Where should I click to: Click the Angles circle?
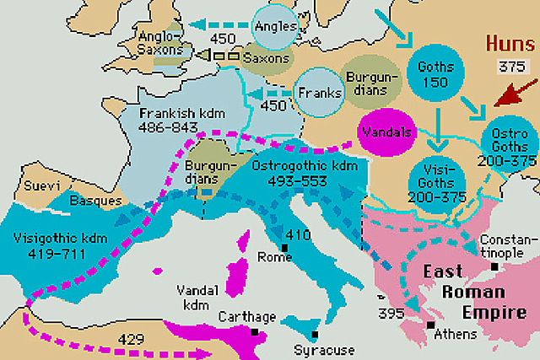click(275, 27)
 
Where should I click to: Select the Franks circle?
click(317, 92)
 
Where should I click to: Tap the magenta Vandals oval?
click(385, 133)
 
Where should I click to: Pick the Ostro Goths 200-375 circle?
click(504, 144)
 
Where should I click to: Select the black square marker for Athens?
click(431, 325)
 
